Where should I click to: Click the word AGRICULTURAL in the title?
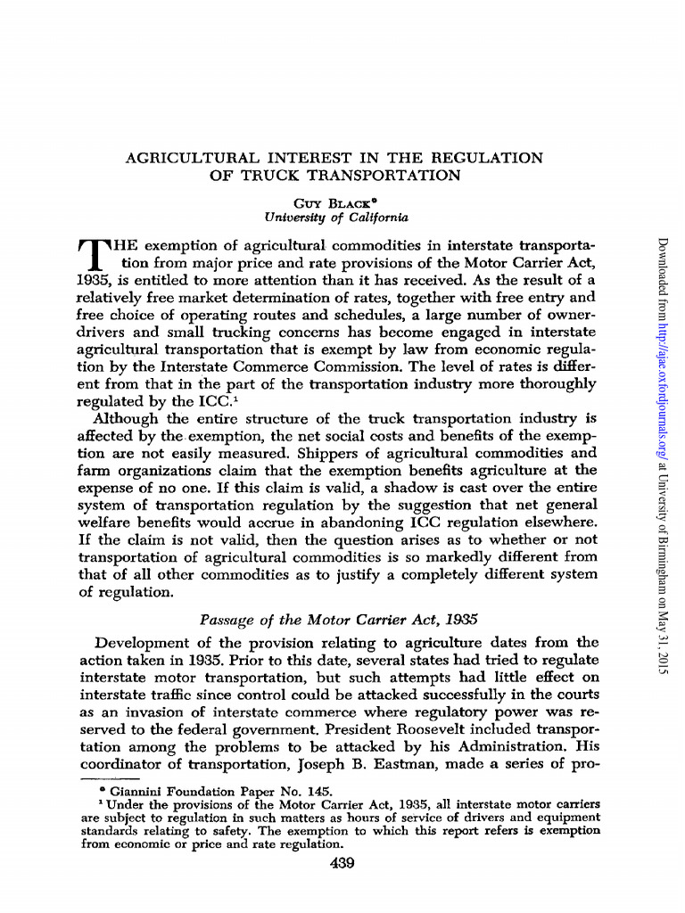pyautogui.click(x=179, y=158)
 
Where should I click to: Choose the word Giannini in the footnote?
pyautogui.click(x=134, y=790)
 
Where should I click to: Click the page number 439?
pyautogui.click(x=342, y=862)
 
